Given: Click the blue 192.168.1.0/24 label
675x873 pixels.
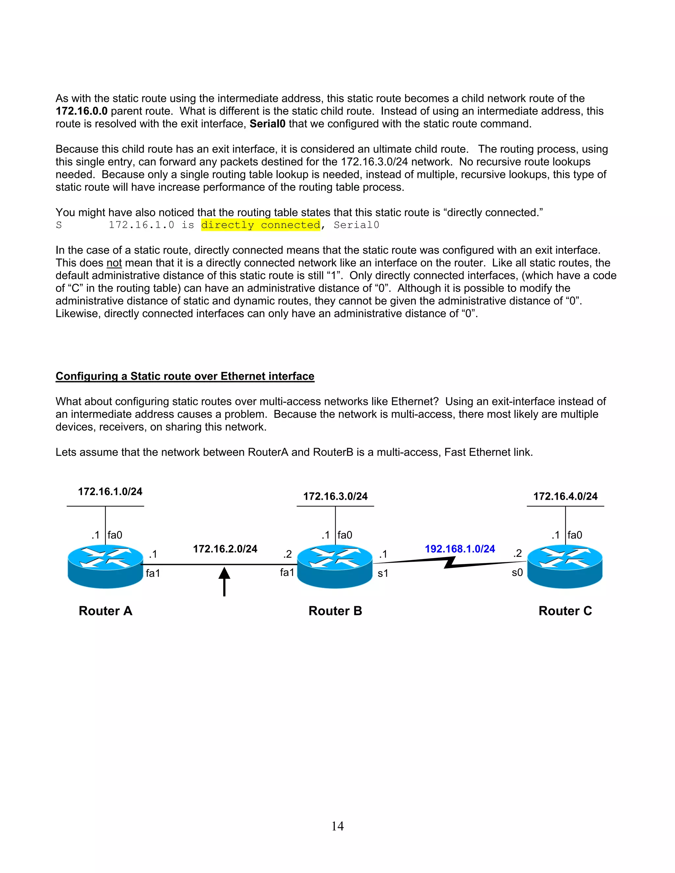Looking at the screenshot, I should tap(459, 549).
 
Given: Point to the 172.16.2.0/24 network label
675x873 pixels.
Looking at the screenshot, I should tap(225, 549).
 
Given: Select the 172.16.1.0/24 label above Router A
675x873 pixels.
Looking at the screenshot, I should tap(110, 492).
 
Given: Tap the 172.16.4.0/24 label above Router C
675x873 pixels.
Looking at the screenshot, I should tap(565, 496).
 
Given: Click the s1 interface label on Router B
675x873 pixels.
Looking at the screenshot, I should tap(383, 574).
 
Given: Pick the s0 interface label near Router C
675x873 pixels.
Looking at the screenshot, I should tap(517, 573).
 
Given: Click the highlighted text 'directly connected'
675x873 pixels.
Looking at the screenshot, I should tap(261, 225).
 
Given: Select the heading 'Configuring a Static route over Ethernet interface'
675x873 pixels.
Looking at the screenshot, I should tap(185, 376).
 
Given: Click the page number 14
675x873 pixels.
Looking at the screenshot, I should tap(337, 826).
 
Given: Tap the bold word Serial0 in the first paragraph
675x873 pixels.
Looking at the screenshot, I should tap(268, 124).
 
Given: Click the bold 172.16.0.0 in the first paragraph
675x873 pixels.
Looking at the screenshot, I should tap(82, 111).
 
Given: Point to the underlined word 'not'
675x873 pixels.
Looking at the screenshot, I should tap(114, 263).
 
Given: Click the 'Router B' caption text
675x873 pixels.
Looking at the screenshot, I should tap(335, 611).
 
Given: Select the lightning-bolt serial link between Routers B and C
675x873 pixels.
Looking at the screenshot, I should tap(450, 562).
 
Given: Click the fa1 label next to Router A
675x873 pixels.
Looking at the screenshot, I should tap(153, 573).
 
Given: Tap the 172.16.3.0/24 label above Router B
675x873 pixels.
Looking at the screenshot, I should tap(335, 496).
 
